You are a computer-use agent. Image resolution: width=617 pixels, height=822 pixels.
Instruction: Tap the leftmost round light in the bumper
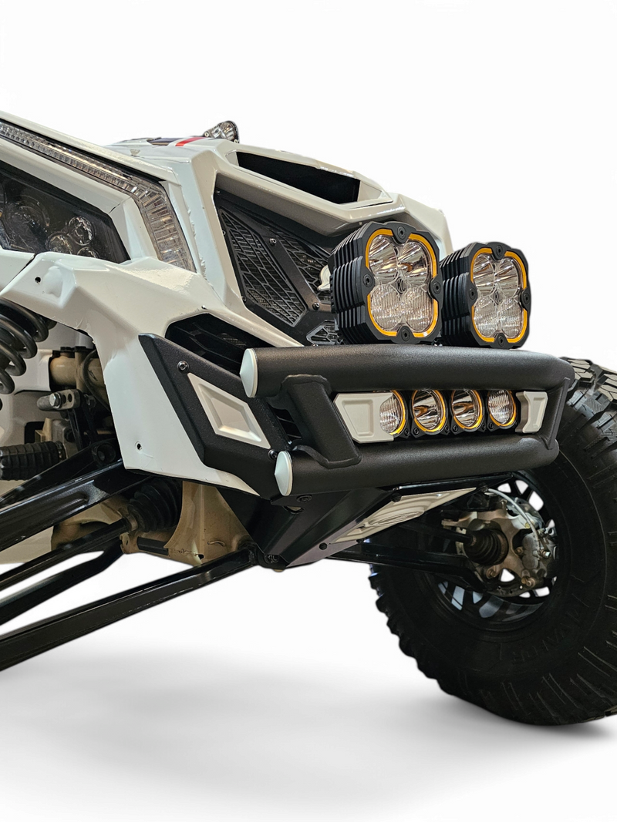(x=392, y=414)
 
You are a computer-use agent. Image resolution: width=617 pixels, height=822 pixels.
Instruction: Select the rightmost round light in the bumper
(x=501, y=408)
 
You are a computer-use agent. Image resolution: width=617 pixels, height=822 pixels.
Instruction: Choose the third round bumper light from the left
(x=466, y=409)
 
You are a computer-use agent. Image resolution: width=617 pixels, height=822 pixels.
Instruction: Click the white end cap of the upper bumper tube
(x=248, y=373)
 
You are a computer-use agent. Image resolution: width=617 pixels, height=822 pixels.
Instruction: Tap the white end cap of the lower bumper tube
(x=283, y=473)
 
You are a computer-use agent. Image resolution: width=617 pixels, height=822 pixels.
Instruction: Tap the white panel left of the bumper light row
(x=356, y=416)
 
